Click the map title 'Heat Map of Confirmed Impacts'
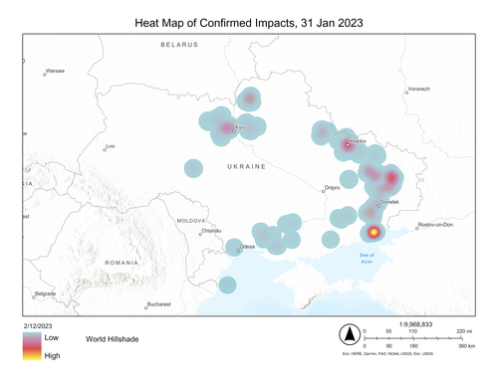248,22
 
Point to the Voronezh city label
418,90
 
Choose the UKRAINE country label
246,166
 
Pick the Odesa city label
247,247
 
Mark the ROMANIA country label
119,262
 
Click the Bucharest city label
158,303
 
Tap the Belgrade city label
46,294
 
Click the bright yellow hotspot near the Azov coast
373,233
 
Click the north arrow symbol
350,332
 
